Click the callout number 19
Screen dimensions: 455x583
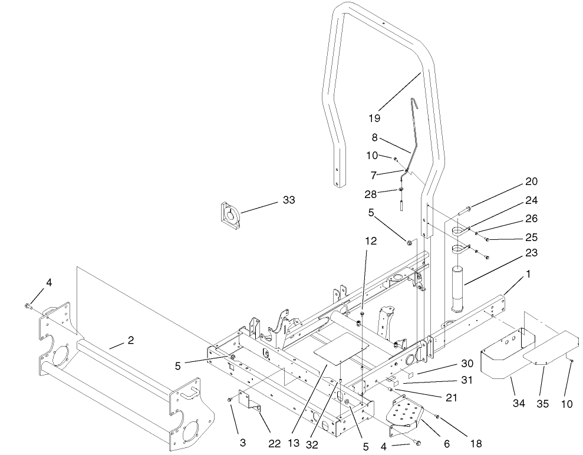pos(374,118)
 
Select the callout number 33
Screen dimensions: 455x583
pos(289,201)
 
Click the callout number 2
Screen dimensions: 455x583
pos(131,340)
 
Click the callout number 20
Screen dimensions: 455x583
pos(532,181)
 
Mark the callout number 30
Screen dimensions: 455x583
pos(467,364)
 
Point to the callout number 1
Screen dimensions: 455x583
pos(529,274)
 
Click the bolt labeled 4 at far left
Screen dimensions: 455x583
pos(27,305)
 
